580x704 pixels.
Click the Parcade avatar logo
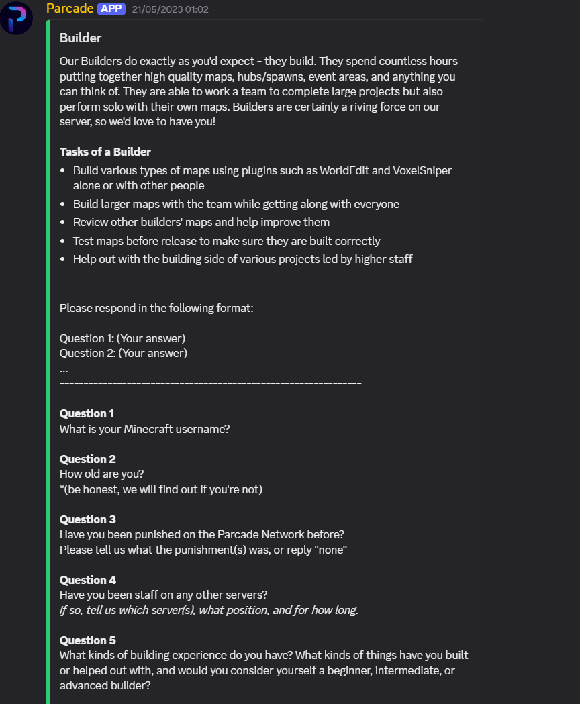16,18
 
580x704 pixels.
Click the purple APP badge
111,9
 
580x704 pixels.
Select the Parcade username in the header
70,9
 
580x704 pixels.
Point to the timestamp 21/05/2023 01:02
171,9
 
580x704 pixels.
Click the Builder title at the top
81,38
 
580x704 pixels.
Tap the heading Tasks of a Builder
105,152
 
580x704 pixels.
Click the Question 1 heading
87,413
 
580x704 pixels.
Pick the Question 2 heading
87,459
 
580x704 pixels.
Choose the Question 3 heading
87,519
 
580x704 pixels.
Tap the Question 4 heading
87,580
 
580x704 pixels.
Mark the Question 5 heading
87,640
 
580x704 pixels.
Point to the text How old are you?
101,474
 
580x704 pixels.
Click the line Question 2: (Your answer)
124,353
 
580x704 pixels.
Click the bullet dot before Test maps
62,241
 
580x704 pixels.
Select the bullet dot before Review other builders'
62,222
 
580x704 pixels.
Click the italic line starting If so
209,610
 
